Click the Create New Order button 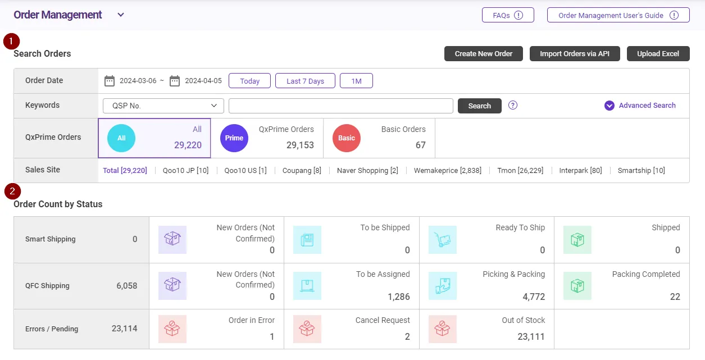484,54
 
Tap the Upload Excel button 658,54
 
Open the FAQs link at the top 508,16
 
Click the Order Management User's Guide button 618,16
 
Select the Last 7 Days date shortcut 305,81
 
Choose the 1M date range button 356,81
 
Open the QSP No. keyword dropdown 163,106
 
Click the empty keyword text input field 340,106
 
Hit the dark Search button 479,106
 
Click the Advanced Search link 640,106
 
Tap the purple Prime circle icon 234,138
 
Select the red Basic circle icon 347,138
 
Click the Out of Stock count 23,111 531,336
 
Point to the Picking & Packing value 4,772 530,297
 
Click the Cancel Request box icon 307,329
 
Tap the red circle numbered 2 12,192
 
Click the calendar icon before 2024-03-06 110,81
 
